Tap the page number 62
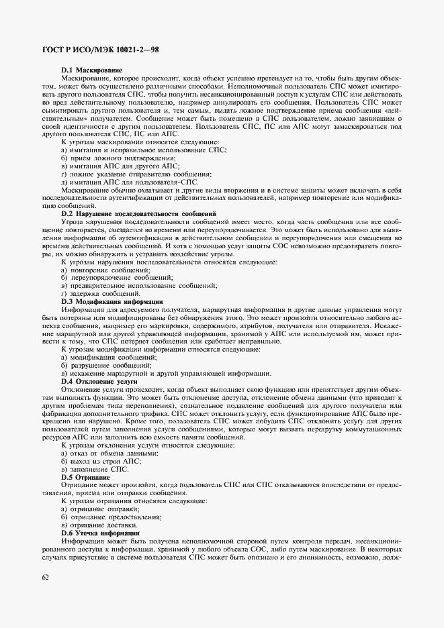[x=45, y=576]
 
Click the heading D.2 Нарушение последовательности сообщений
[x=138, y=213]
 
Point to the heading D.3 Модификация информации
[x=112, y=302]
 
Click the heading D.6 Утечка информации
[x=99, y=533]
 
